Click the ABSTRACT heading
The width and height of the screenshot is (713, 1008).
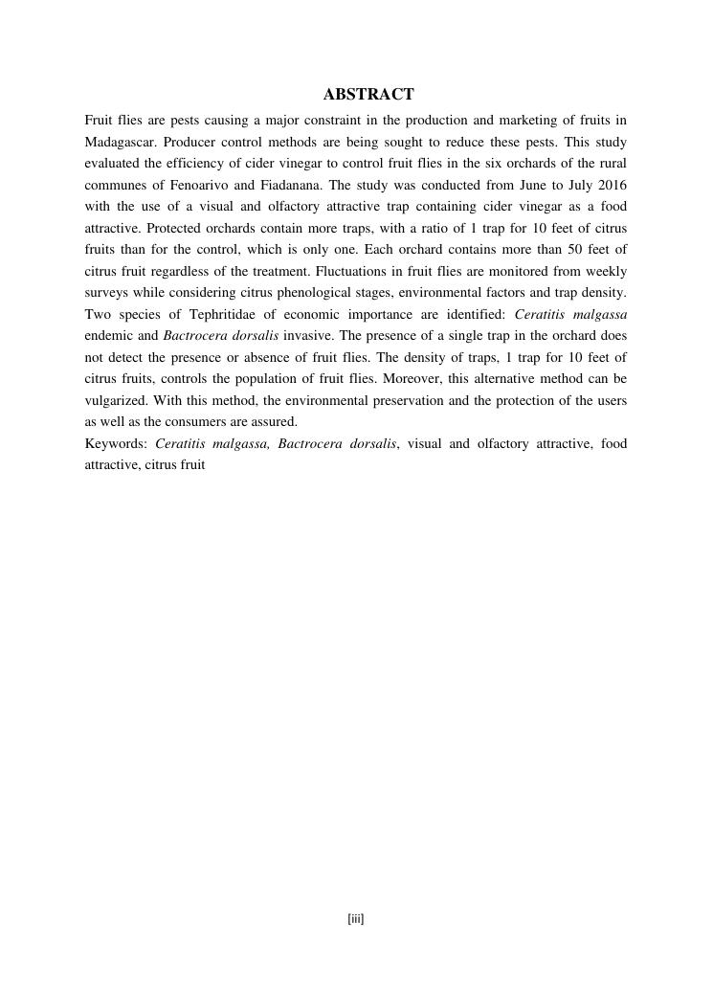pyautogui.click(x=368, y=94)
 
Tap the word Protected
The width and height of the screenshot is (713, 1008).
pyautogui.click(x=178, y=228)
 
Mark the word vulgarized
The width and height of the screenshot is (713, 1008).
pyautogui.click(x=118, y=400)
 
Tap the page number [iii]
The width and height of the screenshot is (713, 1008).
pyautogui.click(x=356, y=919)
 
